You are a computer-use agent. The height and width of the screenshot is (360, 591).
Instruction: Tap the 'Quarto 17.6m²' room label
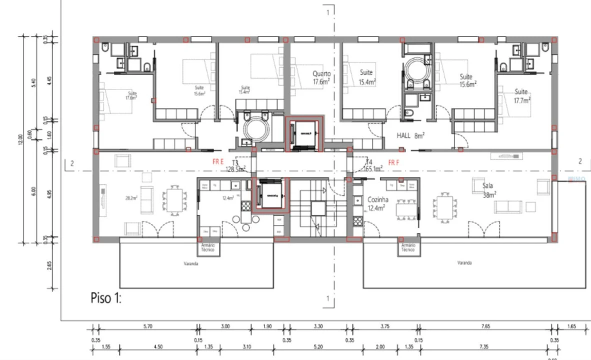[x=322, y=77]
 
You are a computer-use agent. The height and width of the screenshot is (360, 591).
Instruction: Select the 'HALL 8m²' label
[x=410, y=135]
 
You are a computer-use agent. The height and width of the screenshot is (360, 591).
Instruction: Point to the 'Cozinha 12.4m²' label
[x=377, y=204]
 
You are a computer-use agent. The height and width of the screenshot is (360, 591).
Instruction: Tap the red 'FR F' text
[x=393, y=162]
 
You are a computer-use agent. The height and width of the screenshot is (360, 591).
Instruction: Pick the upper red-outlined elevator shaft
[x=304, y=133]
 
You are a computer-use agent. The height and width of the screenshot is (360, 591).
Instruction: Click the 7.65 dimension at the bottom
[x=485, y=326]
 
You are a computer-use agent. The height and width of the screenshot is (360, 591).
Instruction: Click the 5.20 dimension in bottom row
[x=318, y=346]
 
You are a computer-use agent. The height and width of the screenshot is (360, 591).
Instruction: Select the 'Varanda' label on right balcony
[x=464, y=262]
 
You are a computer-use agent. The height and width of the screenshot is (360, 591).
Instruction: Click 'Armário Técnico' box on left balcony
[x=207, y=247]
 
